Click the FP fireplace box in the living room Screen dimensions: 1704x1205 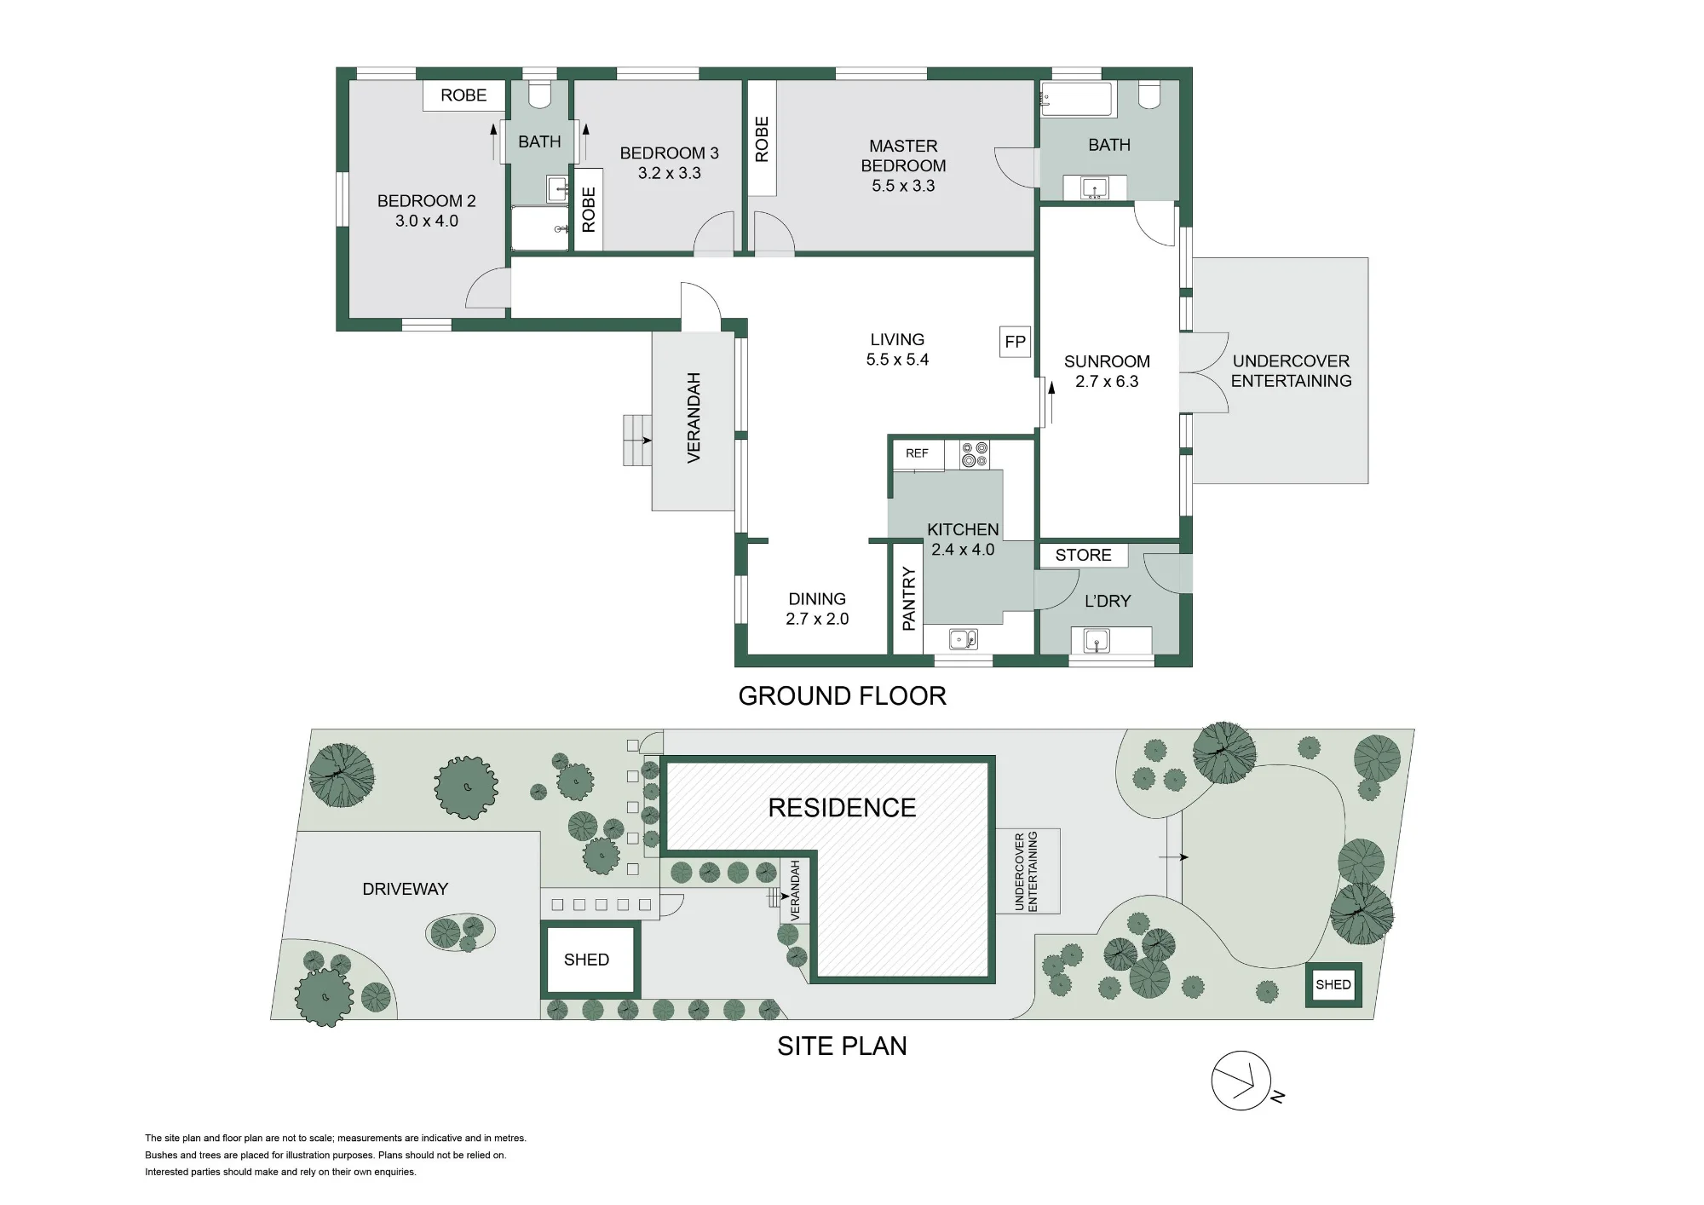[1015, 342]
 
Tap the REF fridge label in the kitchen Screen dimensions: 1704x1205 [917, 453]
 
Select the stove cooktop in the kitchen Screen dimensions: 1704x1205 [975, 454]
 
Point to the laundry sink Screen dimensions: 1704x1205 [1097, 640]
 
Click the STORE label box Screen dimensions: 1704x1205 [1083, 555]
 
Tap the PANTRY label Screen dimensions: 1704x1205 [908, 599]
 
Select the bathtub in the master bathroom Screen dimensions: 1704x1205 [1077, 100]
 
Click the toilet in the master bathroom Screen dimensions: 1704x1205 [1149, 95]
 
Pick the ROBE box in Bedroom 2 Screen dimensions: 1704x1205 [463, 95]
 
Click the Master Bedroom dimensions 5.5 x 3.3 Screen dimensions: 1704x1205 [903, 186]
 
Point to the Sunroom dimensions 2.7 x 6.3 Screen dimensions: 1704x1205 [1107, 382]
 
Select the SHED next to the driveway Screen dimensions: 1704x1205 [589, 959]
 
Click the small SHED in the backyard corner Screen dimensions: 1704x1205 [1333, 984]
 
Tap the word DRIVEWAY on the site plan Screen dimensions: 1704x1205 [405, 889]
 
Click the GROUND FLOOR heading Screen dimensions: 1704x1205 [842, 696]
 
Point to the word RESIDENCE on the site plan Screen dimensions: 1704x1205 [842, 808]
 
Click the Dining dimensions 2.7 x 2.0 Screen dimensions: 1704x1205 [817, 620]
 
